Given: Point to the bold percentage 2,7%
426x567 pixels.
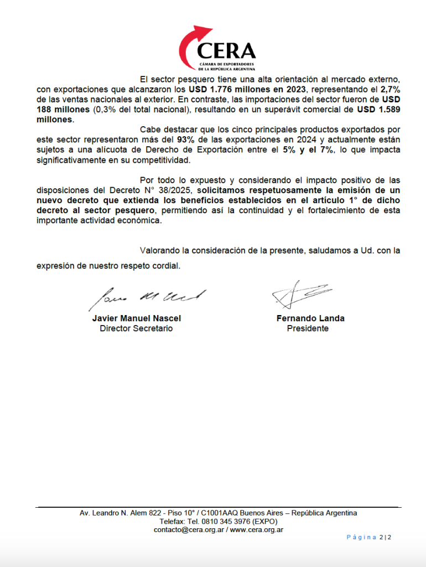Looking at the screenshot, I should click(x=389, y=89).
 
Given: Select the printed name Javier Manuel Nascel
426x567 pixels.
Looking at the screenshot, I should click(x=136, y=318).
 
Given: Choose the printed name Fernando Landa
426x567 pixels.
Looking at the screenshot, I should click(x=310, y=318).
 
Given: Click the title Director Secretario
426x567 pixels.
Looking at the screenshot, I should click(x=136, y=328).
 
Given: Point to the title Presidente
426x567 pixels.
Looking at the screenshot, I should click(x=308, y=328).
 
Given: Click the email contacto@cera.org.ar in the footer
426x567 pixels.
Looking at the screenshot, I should click(x=188, y=530).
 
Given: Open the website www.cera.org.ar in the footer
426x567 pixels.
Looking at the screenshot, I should click(x=257, y=530).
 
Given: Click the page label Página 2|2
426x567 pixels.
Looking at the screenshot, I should click(x=369, y=537).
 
